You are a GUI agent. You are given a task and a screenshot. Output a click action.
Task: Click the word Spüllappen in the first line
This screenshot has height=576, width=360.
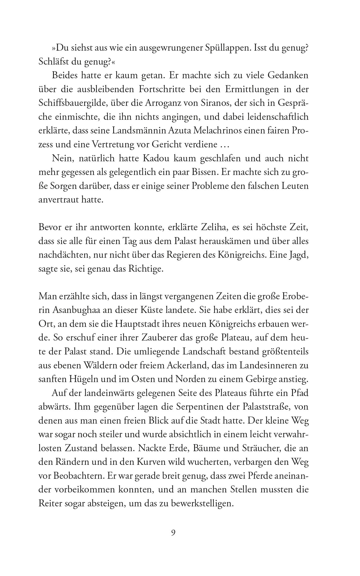221,48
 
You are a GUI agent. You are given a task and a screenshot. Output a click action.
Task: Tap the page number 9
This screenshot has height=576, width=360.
173,532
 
